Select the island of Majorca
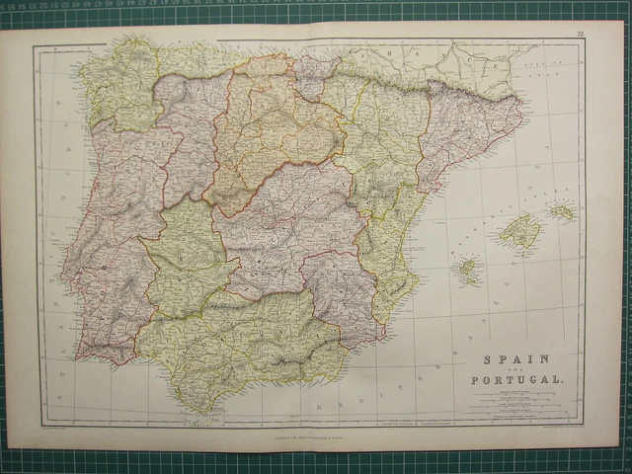tap(520, 233)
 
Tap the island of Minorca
tap(563, 210)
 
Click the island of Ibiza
tap(467, 268)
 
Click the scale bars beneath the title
tap(517, 404)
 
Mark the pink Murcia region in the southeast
tap(341, 291)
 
